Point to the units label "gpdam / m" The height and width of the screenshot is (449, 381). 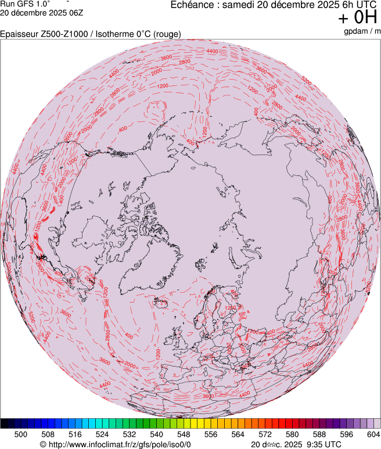pyautogui.click(x=361, y=31)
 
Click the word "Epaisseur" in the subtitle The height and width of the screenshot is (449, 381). pyautogui.click(x=20, y=34)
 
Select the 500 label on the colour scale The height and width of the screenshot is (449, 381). pyautogui.click(x=20, y=434)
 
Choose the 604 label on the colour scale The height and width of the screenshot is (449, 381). pyautogui.click(x=373, y=434)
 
